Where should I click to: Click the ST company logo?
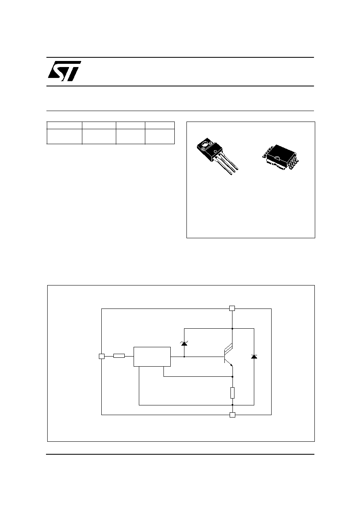point(65,71)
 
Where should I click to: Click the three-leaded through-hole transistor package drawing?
point(217,156)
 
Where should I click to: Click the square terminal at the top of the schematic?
point(232,308)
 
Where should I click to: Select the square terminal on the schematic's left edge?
point(102,356)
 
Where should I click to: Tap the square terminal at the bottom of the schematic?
point(232,415)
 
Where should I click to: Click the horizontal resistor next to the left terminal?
point(119,356)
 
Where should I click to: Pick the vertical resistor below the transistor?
point(232,393)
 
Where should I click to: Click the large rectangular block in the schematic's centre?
point(152,357)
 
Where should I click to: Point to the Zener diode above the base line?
point(184,344)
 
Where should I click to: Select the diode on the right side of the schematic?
point(254,357)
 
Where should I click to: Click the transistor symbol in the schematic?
point(228,356)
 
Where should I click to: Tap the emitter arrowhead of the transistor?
point(231,365)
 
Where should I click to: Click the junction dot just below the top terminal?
point(232,329)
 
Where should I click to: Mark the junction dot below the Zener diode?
point(184,357)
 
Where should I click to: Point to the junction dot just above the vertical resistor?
point(232,377)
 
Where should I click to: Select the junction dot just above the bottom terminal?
point(232,405)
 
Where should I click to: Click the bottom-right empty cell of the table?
point(160,136)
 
